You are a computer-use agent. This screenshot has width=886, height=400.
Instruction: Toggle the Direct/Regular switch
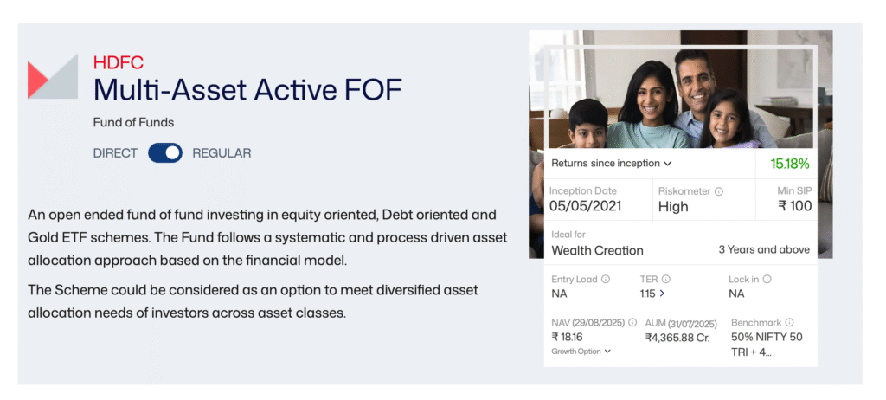[x=165, y=153]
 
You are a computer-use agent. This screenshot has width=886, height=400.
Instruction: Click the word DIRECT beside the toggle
[x=115, y=153]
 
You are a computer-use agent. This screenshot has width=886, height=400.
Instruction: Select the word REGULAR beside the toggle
[x=221, y=153]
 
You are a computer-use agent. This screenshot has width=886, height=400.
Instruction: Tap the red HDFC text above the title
[x=118, y=63]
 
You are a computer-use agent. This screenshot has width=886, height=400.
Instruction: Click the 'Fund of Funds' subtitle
[x=133, y=123]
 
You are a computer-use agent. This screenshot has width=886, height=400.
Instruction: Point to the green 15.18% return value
[x=790, y=163]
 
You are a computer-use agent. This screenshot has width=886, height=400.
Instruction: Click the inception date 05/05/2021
[x=585, y=207]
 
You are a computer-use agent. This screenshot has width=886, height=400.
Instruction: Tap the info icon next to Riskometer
[x=719, y=191]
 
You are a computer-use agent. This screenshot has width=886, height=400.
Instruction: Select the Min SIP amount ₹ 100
[x=795, y=207]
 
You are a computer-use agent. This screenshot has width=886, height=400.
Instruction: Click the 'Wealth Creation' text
[x=597, y=250]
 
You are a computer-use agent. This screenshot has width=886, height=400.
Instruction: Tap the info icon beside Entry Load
[x=606, y=280]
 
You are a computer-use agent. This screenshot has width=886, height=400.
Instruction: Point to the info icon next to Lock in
[x=767, y=280]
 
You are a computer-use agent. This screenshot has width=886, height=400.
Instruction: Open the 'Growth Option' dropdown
[x=581, y=352]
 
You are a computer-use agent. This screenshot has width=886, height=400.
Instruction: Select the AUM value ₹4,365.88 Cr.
[x=677, y=337]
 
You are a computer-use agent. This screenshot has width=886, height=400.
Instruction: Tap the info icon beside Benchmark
[x=789, y=322]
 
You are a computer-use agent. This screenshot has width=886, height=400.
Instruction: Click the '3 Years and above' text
[x=764, y=249]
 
